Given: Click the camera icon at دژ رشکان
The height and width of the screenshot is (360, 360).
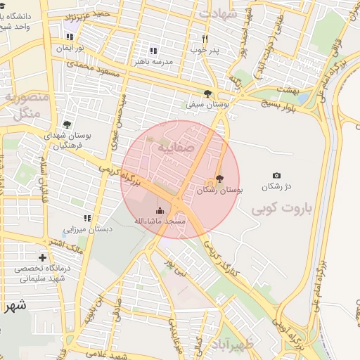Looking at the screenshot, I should (x=276, y=175).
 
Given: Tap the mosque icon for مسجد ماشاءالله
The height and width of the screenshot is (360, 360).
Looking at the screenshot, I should (x=160, y=210).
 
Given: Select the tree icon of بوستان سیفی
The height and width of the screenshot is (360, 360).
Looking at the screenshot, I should (x=207, y=93).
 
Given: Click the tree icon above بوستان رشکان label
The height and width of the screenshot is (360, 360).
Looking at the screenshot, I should (x=219, y=179).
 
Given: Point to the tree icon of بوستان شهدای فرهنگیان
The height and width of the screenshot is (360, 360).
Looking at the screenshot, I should (x=67, y=124).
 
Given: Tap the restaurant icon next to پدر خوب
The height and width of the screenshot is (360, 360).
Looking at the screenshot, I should (x=205, y=39).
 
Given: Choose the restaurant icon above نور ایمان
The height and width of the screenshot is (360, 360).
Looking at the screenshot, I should (x=70, y=36).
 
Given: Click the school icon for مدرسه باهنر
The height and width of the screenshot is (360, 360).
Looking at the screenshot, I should (x=153, y=51).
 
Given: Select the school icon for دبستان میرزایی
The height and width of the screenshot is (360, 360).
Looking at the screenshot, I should (x=87, y=219).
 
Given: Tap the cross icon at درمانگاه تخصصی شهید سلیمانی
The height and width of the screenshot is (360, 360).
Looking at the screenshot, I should (x=43, y=258).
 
